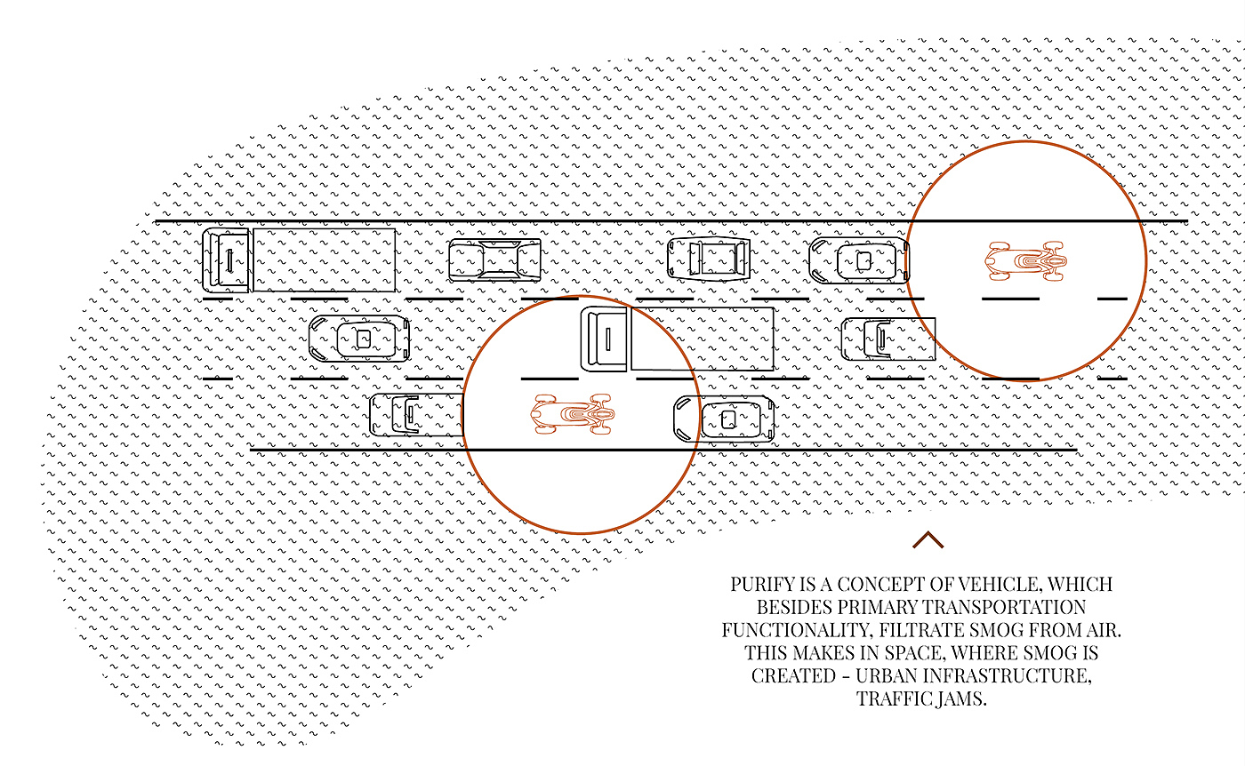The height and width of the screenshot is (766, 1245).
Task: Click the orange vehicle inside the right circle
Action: click(x=1024, y=261)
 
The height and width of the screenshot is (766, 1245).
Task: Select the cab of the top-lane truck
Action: click(x=226, y=259)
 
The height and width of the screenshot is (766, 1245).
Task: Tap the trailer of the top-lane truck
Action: click(x=324, y=259)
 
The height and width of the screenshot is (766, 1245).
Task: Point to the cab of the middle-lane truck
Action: click(x=605, y=339)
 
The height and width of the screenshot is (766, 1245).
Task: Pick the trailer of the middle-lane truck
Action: click(x=702, y=339)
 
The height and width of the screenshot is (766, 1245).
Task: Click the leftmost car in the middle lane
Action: click(x=359, y=338)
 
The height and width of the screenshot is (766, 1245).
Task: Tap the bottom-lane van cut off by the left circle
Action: click(x=415, y=415)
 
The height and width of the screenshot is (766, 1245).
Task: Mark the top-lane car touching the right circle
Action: click(x=857, y=260)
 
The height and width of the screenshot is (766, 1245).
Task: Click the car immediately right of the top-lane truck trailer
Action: click(x=494, y=260)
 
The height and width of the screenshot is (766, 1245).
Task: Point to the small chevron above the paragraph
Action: click(x=927, y=540)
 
